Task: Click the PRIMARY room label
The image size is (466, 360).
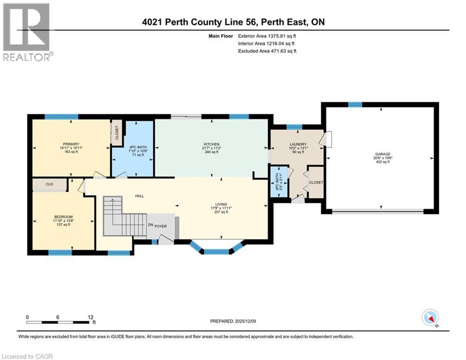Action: pos(71,144)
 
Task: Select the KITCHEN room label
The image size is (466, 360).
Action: pos(212,144)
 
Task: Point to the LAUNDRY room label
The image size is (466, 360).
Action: pos(298,144)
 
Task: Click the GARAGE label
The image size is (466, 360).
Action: pos(382,154)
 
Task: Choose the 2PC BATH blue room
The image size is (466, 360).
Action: pos(279,182)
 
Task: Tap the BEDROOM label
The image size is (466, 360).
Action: pos(63,217)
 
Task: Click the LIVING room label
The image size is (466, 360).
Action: pos(221,204)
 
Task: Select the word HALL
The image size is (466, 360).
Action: pos(139,196)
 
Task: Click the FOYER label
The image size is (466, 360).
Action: pos(161,225)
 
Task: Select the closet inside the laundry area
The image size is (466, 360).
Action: pos(316,182)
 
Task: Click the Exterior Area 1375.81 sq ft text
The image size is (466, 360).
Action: pos(267,35)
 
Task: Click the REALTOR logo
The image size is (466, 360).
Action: pos(27,32)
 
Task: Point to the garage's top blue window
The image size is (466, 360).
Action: pos(355,105)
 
